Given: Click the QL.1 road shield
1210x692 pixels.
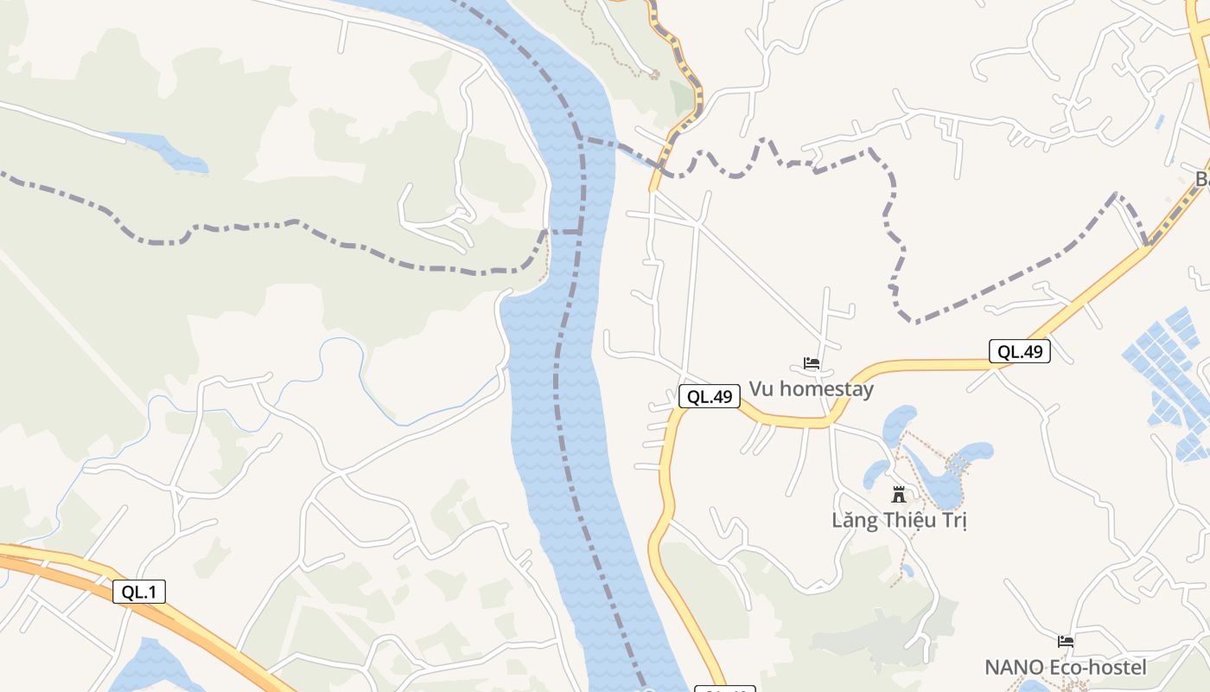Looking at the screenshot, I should [x=138, y=592].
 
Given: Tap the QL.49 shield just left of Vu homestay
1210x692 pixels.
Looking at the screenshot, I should [x=709, y=397].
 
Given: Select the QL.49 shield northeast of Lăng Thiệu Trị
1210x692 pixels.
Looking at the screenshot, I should [x=1020, y=351].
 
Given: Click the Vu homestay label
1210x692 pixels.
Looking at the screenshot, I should [x=811, y=389].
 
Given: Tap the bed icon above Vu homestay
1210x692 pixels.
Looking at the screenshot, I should [x=811, y=363].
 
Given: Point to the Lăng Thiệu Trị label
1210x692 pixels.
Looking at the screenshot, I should [x=899, y=521].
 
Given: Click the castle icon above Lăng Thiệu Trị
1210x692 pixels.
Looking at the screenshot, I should [x=899, y=495].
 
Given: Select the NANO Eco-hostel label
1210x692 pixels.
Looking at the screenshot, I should [x=1065, y=668].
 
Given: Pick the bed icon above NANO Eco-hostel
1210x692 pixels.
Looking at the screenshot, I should [x=1066, y=642].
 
